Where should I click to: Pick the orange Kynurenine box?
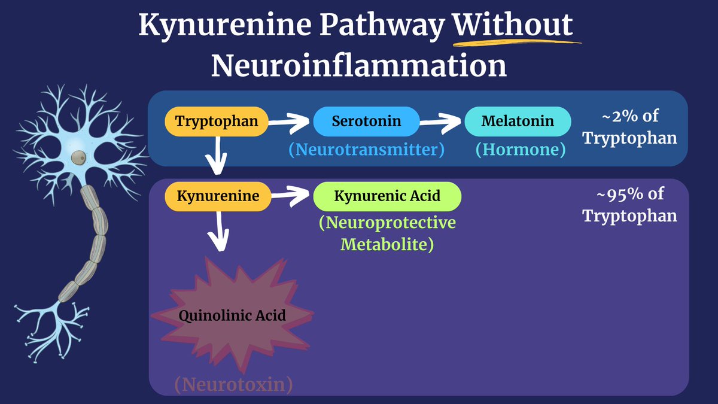coord(216,196)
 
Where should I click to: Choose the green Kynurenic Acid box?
coord(387,196)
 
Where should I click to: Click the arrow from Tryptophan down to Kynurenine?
coord(216,156)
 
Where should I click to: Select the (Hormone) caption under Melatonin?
coord(520,150)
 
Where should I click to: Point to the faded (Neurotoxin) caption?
coord(234,384)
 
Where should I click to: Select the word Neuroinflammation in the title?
coord(358,66)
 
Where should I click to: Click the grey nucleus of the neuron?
coord(78,157)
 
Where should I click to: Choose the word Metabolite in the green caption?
coord(387,244)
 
